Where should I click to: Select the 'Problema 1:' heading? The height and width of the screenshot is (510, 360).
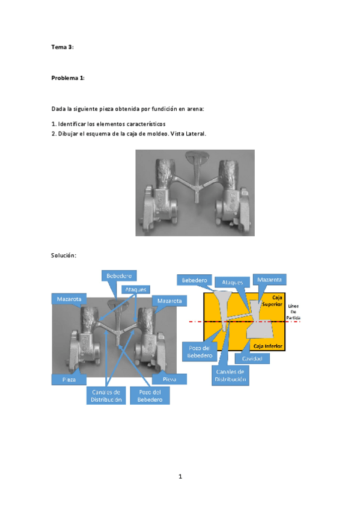(68, 78)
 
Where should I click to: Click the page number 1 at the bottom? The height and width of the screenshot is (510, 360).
(180, 476)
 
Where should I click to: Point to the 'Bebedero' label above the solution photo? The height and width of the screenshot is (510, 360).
(119, 275)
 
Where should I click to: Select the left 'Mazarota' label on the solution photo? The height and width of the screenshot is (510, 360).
(70, 299)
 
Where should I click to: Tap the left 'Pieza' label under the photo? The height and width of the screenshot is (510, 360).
(68, 379)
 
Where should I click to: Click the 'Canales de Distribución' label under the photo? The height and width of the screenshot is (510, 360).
(106, 395)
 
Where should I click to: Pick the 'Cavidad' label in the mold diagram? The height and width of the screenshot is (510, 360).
(252, 358)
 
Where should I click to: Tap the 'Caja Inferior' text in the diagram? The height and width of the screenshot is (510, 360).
(268, 346)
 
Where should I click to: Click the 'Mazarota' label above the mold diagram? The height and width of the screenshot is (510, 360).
(269, 280)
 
